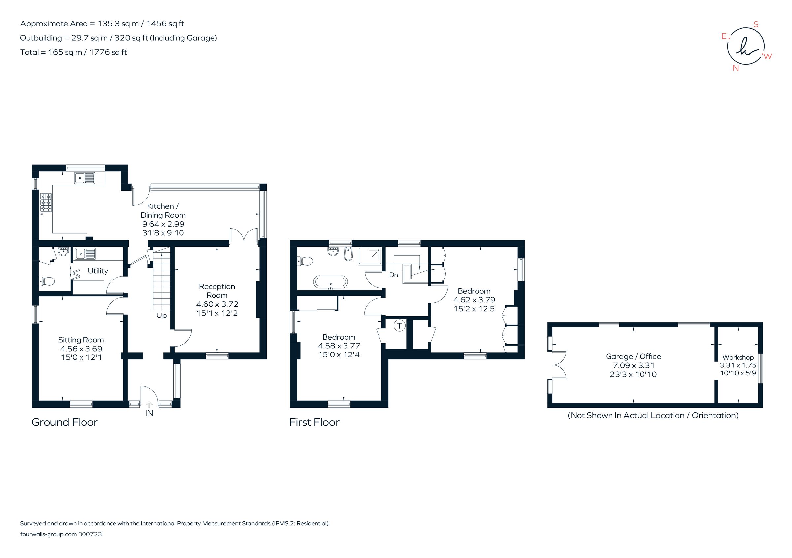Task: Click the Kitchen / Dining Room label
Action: coord(163,211)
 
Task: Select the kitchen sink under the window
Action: coord(85,178)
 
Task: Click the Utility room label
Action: coord(98,271)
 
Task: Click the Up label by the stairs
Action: coord(161,316)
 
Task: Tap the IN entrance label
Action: coord(149,413)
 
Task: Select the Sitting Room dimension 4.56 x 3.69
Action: coord(81,349)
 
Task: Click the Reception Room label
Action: coord(217,291)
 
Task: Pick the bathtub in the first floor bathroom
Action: coord(330,282)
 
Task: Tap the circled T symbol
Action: coord(399,326)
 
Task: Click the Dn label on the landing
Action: coord(394,275)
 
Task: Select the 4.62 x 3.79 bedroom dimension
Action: coord(474,300)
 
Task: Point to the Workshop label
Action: coord(738,358)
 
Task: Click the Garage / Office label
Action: coord(633,356)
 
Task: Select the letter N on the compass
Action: coord(736,68)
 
